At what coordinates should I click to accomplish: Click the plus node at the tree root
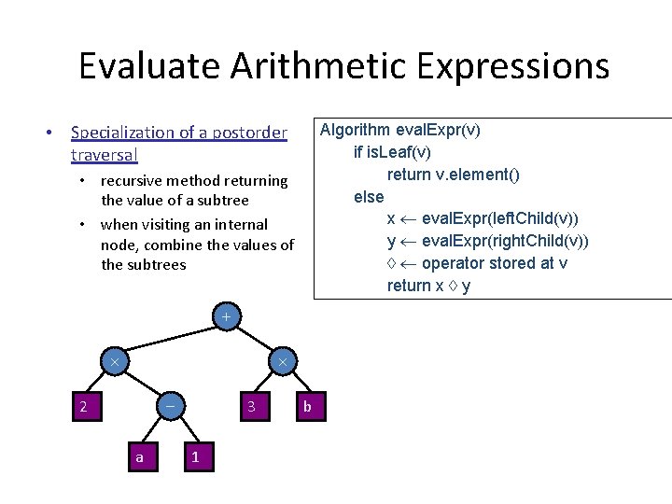tap(225, 317)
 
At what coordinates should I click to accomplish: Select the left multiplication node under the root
tap(114, 361)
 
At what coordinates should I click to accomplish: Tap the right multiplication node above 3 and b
tap(282, 361)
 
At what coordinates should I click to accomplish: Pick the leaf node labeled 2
tap(84, 406)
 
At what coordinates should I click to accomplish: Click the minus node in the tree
tap(169, 406)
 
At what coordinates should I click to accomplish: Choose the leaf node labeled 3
tap(251, 406)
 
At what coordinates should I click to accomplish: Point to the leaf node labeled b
tap(308, 406)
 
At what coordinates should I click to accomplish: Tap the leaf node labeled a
tap(140, 456)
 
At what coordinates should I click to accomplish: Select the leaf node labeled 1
tap(195, 456)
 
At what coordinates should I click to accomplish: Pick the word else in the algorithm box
tap(369, 196)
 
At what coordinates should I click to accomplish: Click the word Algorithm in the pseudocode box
tap(356, 130)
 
